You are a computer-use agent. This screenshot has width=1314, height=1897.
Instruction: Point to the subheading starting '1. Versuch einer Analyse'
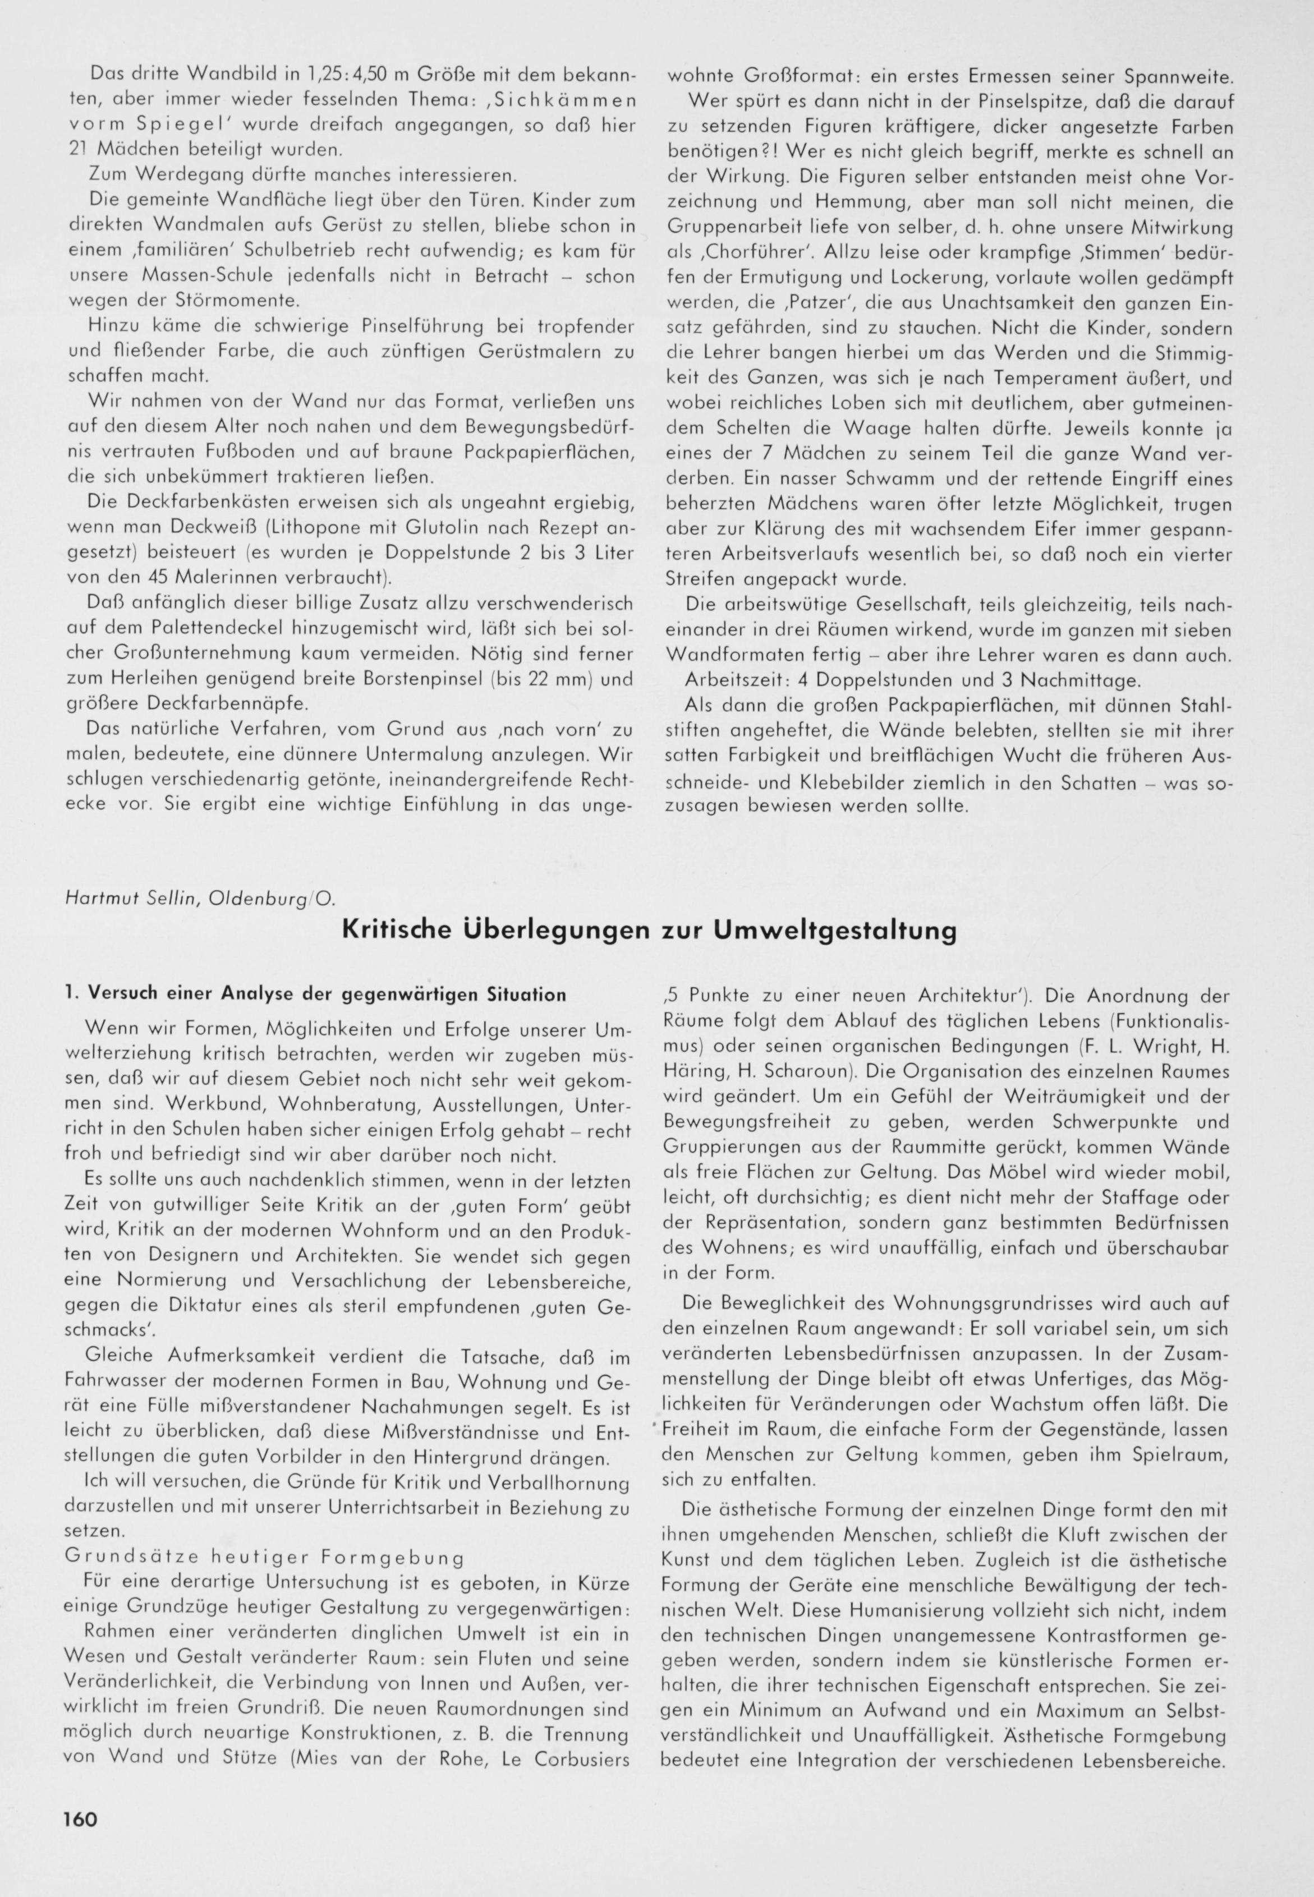315,994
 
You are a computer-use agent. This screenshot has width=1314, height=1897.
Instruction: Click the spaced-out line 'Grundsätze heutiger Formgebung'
264,1557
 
